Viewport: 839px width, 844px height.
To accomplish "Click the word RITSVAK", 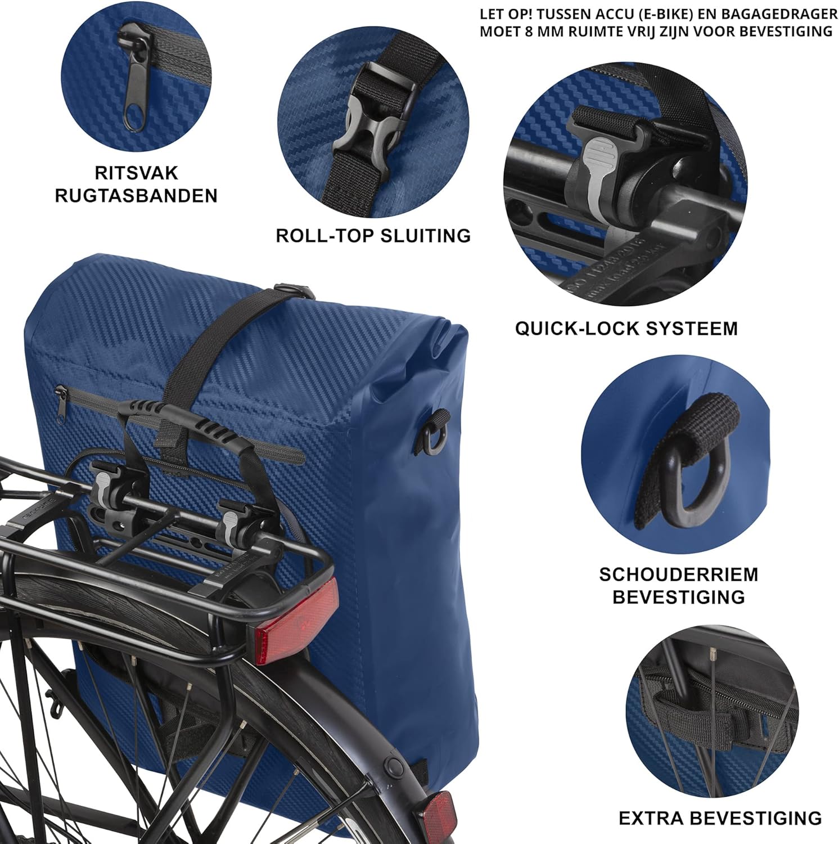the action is [x=136, y=173].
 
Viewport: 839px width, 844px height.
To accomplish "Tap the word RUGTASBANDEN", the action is [x=136, y=196].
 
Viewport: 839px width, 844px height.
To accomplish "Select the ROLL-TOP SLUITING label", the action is [x=373, y=235].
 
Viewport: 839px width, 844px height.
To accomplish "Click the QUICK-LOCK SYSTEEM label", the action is [x=626, y=328].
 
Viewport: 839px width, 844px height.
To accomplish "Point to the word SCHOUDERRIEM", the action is [x=679, y=574].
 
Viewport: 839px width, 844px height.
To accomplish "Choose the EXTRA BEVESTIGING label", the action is [x=720, y=818].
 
